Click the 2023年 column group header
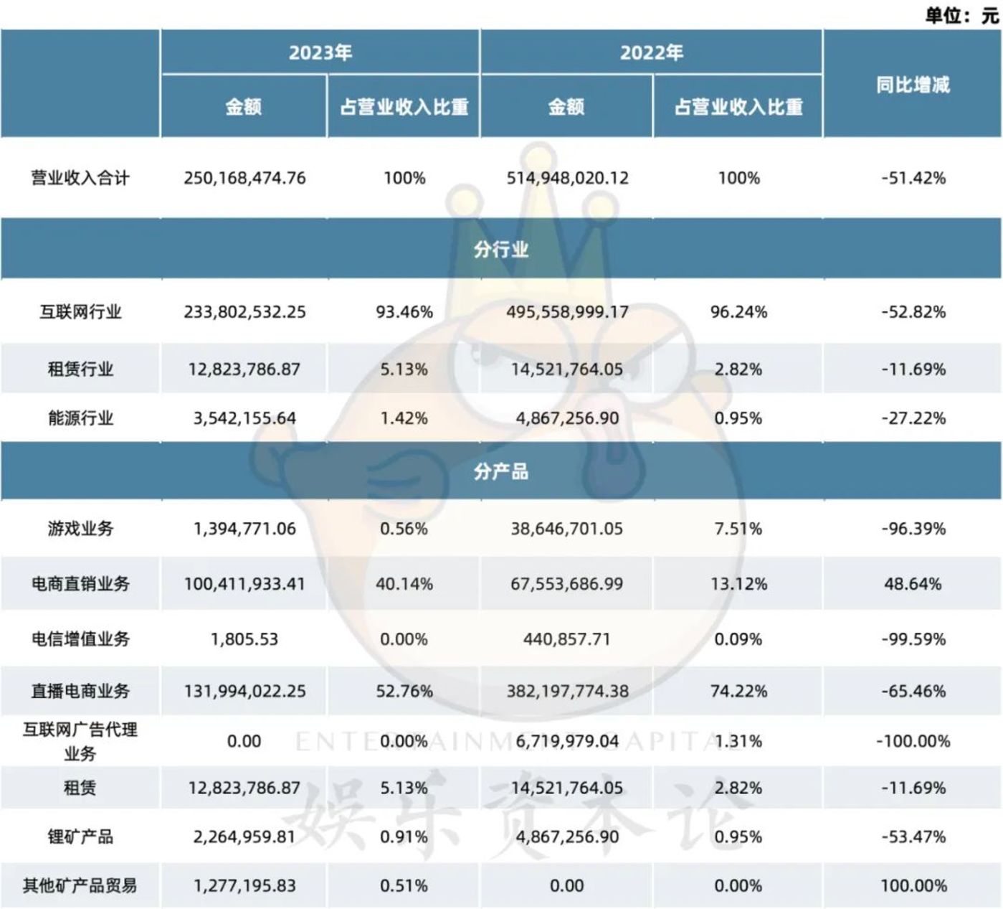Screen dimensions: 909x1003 pos(320,53)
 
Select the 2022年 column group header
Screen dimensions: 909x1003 pos(651,53)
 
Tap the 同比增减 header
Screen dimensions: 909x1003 pos(913,85)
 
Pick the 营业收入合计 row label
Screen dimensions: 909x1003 pos(80,178)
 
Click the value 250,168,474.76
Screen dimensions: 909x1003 pos(244,178)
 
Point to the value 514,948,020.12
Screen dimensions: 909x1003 pos(567,178)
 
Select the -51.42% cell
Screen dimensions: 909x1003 pos(913,178)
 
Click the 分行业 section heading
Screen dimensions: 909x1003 pos(501,250)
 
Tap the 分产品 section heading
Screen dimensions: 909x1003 pos(501,471)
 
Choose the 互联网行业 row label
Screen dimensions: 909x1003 pos(80,312)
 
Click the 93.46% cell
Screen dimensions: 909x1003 pos(404,312)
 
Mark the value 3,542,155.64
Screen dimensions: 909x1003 pos(244,418)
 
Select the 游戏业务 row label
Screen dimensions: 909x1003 pos(80,529)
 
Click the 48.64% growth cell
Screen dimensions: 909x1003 pos(913,584)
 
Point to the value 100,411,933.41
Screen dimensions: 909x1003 pos(244,584)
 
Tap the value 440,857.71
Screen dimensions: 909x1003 pos(566,639)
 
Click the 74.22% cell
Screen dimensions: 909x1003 pos(738,692)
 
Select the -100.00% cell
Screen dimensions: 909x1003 pos(913,741)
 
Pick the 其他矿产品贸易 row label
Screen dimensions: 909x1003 pos(80,886)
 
